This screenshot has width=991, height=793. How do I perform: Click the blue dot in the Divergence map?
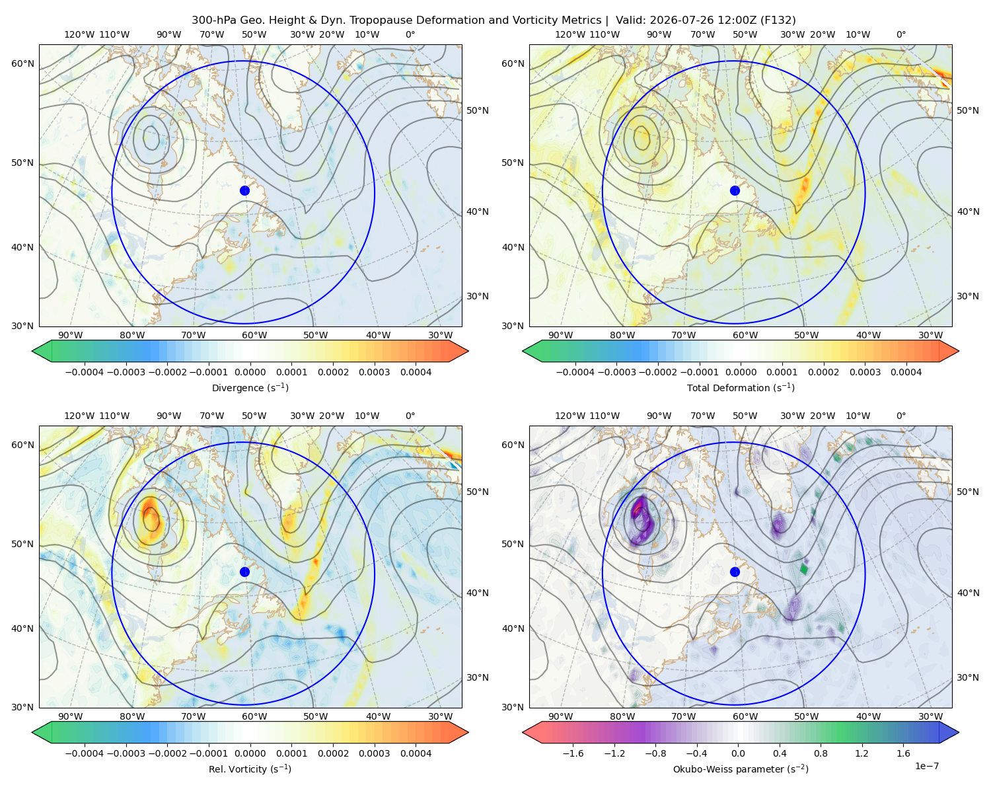pyautogui.click(x=244, y=190)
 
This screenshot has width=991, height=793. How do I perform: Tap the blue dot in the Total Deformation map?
pyautogui.click(x=735, y=190)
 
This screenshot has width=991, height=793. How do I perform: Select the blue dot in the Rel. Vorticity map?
pyautogui.click(x=244, y=572)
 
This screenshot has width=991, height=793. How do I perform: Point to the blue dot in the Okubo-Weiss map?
pyautogui.click(x=735, y=572)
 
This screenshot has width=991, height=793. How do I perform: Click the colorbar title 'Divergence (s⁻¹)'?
pyautogui.click(x=250, y=387)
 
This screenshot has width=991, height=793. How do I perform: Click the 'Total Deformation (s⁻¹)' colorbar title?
pyautogui.click(x=741, y=387)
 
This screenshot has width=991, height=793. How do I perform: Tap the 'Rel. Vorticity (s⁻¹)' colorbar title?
pyautogui.click(x=250, y=769)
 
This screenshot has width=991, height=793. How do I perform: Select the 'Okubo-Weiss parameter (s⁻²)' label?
pyautogui.click(x=741, y=769)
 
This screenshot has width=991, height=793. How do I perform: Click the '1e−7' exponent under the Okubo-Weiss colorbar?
pyautogui.click(x=926, y=766)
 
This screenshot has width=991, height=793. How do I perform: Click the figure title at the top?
pyautogui.click(x=494, y=20)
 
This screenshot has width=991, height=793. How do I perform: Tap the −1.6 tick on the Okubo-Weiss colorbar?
pyautogui.click(x=573, y=753)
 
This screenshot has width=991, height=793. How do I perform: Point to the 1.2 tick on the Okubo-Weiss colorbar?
pyautogui.click(x=862, y=753)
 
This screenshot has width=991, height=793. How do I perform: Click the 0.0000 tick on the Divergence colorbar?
pyautogui.click(x=250, y=372)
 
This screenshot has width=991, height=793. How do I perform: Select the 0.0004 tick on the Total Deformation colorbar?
pyautogui.click(x=906, y=372)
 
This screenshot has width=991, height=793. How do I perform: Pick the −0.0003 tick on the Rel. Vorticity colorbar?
pyautogui.click(x=126, y=753)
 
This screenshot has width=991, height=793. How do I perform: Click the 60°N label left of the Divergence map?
pyautogui.click(x=22, y=63)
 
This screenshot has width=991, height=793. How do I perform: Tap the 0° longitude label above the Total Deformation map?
pyautogui.click(x=900, y=34)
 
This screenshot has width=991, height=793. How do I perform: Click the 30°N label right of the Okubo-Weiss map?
pyautogui.click(x=967, y=677)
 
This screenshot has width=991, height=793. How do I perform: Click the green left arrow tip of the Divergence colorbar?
pyautogui.click(x=32, y=351)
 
